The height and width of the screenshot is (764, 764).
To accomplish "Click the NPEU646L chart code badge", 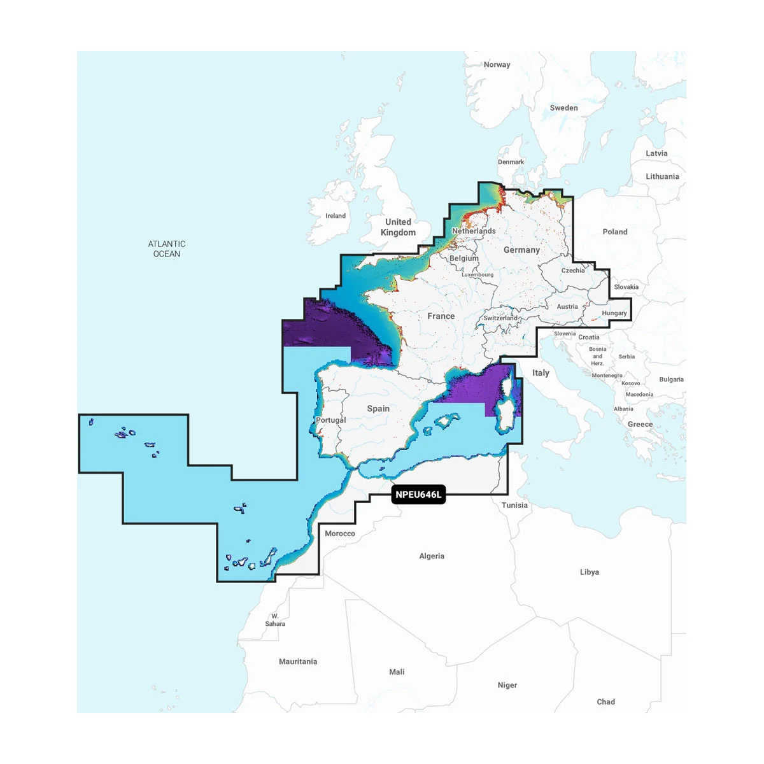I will (x=418, y=495).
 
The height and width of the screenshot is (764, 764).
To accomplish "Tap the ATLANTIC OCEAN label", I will (x=167, y=249).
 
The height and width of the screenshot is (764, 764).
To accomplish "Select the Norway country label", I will (x=497, y=65).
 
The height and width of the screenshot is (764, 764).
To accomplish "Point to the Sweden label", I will (x=564, y=108).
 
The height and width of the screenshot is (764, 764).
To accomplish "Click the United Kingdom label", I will (x=398, y=227).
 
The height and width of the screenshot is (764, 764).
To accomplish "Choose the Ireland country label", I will (x=336, y=216).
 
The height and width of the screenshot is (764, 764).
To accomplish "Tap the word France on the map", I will (x=441, y=316).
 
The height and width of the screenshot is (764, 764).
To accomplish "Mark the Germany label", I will (x=521, y=250).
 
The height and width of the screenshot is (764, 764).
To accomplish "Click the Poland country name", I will (x=615, y=232).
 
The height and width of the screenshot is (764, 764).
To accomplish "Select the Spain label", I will (x=378, y=409).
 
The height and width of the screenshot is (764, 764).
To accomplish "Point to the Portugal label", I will (x=331, y=420).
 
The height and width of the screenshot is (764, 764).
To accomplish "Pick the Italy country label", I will (x=541, y=373).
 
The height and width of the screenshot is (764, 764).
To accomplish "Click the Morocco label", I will (x=340, y=534).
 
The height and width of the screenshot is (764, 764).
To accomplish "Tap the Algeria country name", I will (x=432, y=556).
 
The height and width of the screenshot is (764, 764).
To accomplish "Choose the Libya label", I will (x=590, y=572).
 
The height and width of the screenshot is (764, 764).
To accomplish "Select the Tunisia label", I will (x=514, y=506).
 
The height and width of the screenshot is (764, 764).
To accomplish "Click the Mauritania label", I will (x=298, y=662).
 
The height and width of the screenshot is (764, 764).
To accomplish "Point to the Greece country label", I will (x=640, y=425).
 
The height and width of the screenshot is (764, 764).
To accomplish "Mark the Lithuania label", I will (x=662, y=177).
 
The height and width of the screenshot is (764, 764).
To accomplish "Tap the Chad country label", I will (x=606, y=702).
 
